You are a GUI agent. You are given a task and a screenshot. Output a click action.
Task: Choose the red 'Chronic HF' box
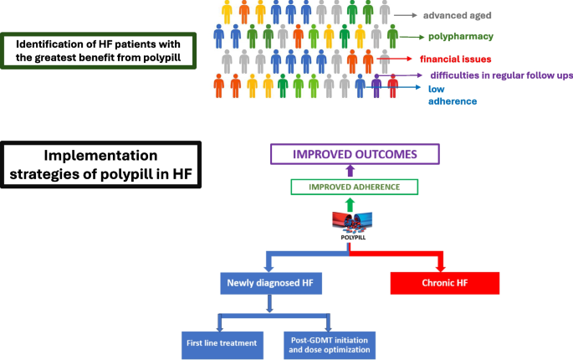pyautogui.click(x=444, y=283)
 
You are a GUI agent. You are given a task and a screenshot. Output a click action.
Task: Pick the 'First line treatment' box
pyautogui.click(x=221, y=343)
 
